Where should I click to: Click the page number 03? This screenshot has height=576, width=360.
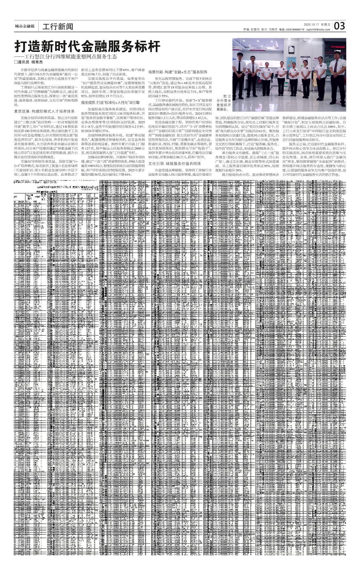click(x=340, y=26)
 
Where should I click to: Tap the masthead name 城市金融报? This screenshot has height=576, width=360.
click(x=25, y=26)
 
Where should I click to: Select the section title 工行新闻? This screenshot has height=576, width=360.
click(x=58, y=26)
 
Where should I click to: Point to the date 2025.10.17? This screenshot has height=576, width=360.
click(x=311, y=24)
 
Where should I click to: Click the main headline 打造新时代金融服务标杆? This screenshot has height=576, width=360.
click(x=88, y=47)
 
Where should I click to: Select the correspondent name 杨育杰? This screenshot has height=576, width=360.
click(x=37, y=62)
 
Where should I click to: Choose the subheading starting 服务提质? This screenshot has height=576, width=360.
click(x=110, y=103)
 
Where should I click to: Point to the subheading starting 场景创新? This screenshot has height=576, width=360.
click(x=178, y=72)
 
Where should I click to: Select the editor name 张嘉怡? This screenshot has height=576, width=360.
click(x=255, y=29)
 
